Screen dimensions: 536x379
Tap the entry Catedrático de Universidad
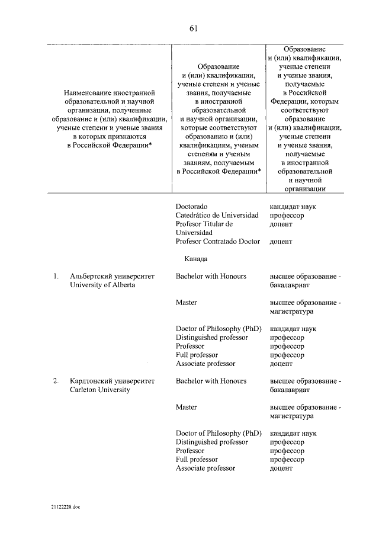pos(217,216)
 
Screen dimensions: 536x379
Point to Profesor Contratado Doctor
pos(217,242)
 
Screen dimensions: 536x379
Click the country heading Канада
pos(195,259)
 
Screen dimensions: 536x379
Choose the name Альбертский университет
pos(112,277)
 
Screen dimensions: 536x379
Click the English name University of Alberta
pos(102,285)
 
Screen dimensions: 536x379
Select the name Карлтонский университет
pos(112,381)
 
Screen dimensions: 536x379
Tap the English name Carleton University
pos(99,390)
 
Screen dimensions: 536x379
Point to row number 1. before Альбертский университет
pos(55,277)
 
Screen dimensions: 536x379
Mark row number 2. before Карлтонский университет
pos(55,381)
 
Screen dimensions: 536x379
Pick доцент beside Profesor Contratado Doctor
pos(281,242)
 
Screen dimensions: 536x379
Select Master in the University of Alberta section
pos(186,303)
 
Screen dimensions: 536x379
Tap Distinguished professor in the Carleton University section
pos(212,442)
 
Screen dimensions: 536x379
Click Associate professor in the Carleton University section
pos(205,468)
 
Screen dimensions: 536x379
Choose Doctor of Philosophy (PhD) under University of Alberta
pos(218,329)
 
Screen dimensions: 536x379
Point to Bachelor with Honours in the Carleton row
pos(211,381)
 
